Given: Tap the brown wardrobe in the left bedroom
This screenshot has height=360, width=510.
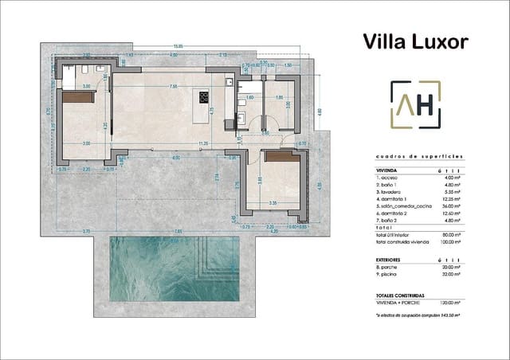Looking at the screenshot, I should coord(77,97).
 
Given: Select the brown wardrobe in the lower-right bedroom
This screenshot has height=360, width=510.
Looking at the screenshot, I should coord(281,158).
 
